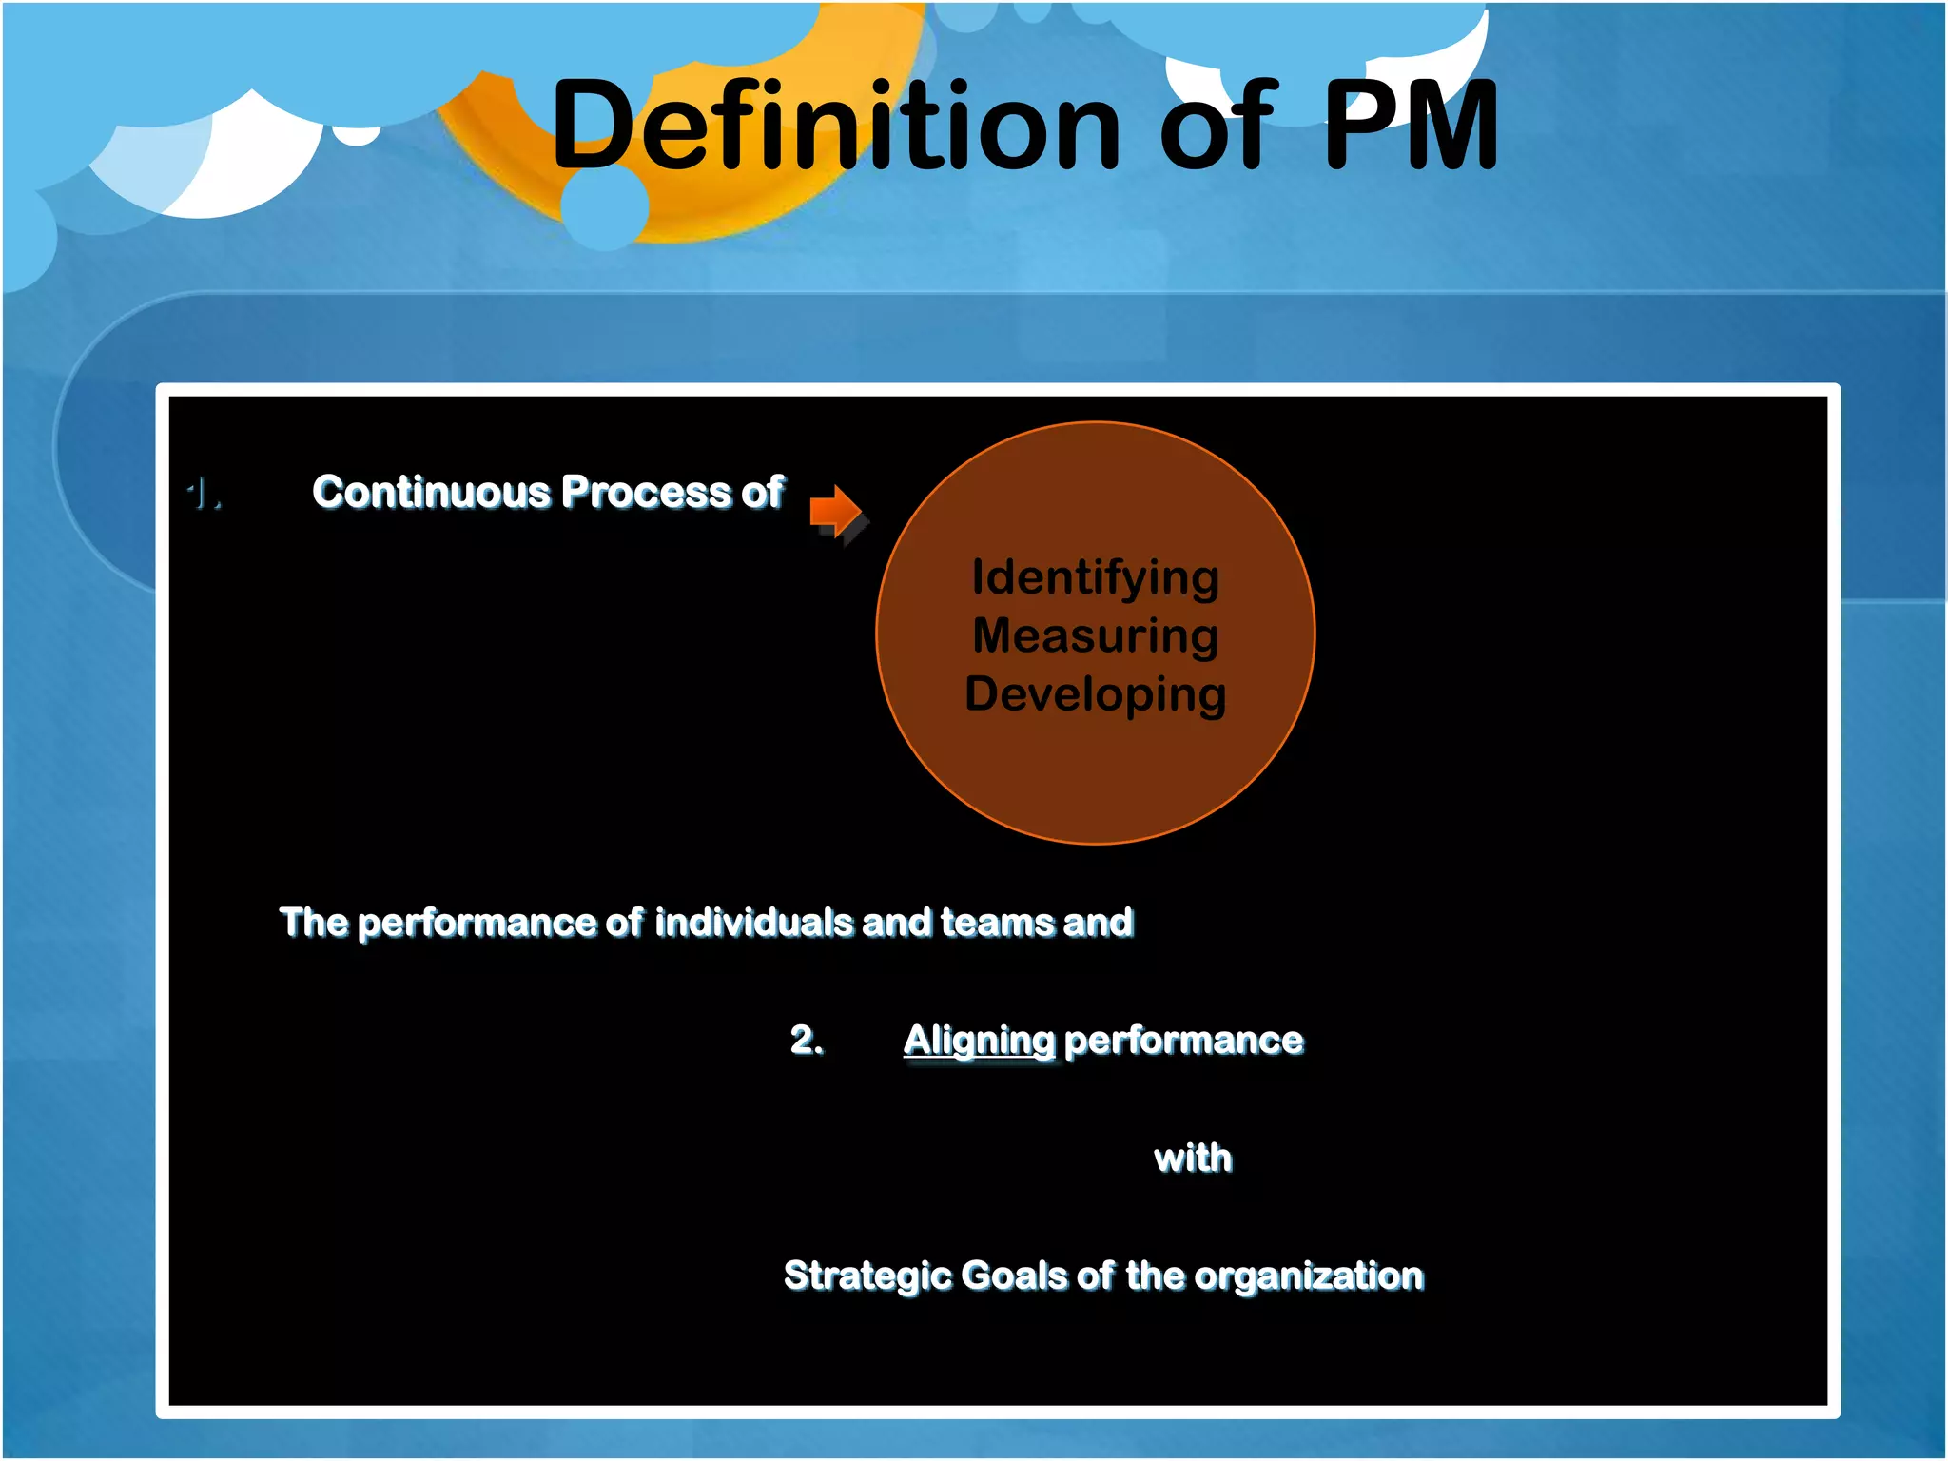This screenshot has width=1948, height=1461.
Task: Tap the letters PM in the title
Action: (1410, 126)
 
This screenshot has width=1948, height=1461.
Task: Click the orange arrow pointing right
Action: (836, 511)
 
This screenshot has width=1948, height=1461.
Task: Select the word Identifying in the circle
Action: (1095, 577)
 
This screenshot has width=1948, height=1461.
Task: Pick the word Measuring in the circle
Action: (1095, 635)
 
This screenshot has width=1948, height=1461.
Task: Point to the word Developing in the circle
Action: (1095, 693)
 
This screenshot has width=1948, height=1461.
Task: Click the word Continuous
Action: (431, 493)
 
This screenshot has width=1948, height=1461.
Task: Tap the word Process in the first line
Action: (647, 493)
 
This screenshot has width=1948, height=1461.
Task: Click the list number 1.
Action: (203, 495)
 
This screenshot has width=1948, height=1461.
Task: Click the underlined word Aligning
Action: (979, 1041)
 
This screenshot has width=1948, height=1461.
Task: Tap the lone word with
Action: (1193, 1159)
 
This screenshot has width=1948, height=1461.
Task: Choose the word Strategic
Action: (866, 1276)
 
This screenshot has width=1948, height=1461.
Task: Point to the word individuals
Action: (753, 923)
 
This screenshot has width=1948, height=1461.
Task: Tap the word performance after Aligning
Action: (1183, 1041)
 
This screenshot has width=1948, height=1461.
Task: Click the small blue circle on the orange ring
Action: (605, 206)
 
